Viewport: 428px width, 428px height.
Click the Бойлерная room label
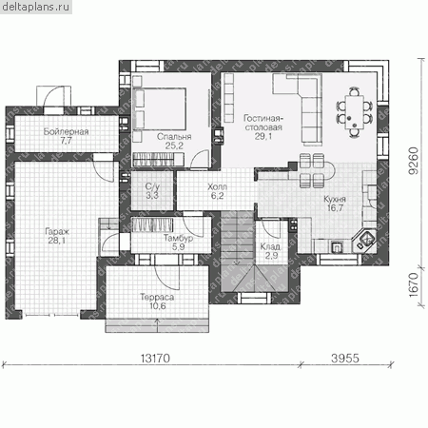click(x=66, y=131)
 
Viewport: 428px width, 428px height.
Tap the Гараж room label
click(x=57, y=231)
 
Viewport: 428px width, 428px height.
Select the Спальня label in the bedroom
click(x=174, y=137)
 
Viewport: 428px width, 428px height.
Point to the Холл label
click(x=217, y=186)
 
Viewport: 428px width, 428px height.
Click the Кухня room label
click(x=335, y=199)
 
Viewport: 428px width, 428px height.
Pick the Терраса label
click(x=157, y=297)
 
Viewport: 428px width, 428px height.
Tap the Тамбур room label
click(x=178, y=238)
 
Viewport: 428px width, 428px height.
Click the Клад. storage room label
click(x=270, y=246)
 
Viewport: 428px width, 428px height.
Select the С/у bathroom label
click(x=152, y=186)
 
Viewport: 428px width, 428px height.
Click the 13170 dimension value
click(x=155, y=359)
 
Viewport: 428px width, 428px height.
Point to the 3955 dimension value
click(x=345, y=359)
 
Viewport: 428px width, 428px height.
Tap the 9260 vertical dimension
click(x=414, y=161)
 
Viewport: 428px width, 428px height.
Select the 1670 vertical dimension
click(x=414, y=285)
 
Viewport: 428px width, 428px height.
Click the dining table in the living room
click(x=354, y=112)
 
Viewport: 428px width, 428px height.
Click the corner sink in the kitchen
click(x=364, y=240)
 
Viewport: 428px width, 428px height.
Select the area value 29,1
click(x=263, y=136)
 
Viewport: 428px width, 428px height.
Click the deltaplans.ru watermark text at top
click(x=35, y=7)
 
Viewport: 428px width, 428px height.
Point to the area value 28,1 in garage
click(x=57, y=241)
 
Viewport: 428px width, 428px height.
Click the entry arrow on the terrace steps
click(x=158, y=325)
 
